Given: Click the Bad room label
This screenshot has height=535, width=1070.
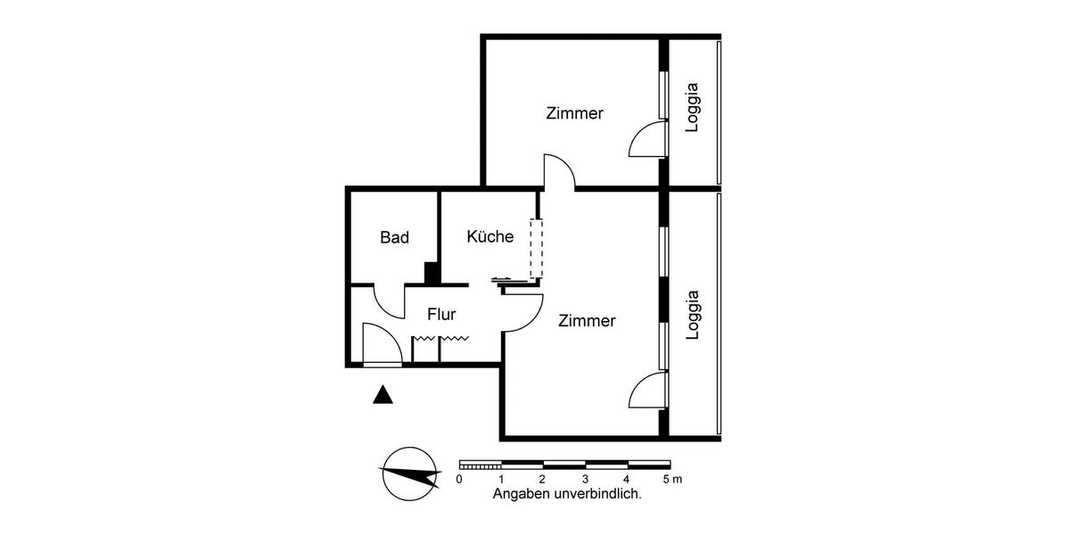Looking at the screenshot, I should click(394, 238).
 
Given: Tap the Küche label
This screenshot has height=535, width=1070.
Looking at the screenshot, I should click(490, 237).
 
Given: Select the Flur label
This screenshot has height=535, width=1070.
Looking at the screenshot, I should click(441, 314).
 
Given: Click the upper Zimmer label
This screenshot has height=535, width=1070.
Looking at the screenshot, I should click(574, 114).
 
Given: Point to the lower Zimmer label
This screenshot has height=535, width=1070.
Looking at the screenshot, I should click(587, 321).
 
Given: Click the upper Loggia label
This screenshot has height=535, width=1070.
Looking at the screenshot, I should click(693, 108).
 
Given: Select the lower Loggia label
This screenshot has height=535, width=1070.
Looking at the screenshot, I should click(693, 316).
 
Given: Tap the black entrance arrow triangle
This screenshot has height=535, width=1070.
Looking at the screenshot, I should click(383, 394).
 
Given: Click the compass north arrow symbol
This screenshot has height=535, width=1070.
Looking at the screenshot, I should click(409, 473).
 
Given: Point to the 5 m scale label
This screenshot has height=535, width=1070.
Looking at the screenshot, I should click(672, 480).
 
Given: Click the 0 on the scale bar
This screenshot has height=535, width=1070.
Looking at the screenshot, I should click(459, 480).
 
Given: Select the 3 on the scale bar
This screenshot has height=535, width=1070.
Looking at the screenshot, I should click(586, 480).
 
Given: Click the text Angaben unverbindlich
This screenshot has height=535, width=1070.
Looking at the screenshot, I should click(567, 493).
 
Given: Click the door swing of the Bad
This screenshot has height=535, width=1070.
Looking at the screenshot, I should click(390, 301).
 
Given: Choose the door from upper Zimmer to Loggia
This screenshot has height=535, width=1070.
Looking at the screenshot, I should click(648, 140).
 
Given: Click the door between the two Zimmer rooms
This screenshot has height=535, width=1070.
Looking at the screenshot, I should click(559, 172).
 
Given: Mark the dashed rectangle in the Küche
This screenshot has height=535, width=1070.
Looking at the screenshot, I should click(536, 249).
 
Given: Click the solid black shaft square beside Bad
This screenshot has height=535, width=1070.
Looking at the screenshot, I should click(432, 273).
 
